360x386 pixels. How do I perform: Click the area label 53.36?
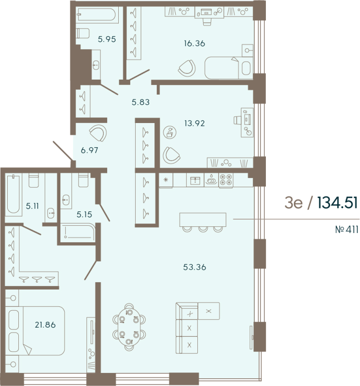click(194, 267)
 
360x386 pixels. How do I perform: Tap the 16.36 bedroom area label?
click(194, 43)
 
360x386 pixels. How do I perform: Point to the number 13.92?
click(195, 123)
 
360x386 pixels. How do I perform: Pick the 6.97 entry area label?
click(90, 150)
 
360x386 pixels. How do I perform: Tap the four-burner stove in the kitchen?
click(225, 180)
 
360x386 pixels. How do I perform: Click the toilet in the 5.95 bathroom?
click(83, 33)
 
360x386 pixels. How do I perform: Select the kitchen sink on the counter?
click(195, 180)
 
